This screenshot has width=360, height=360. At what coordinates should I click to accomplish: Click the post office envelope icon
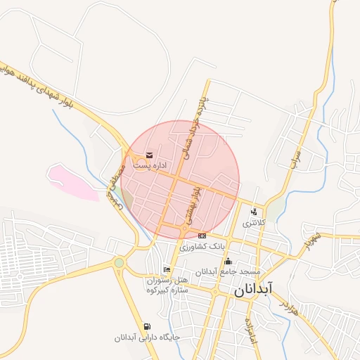pyautogui.click(x=148, y=155)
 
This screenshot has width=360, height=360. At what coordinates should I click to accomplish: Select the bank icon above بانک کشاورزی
pyautogui.click(x=202, y=236)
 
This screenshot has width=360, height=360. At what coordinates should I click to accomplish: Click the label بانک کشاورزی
pyautogui.click(x=201, y=247)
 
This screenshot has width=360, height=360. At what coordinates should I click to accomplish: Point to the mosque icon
pyautogui.click(x=227, y=262)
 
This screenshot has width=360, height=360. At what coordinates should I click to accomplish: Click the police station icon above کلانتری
pyautogui.click(x=253, y=212)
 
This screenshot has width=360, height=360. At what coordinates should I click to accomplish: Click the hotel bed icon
pyautogui.click(x=167, y=270)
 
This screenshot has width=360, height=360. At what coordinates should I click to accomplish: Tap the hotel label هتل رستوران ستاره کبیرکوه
pyautogui.click(x=167, y=285)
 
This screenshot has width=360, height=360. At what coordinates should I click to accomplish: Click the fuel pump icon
pyautogui.click(x=147, y=326)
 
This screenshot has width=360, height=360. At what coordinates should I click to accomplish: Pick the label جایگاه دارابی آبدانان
pyautogui.click(x=148, y=337)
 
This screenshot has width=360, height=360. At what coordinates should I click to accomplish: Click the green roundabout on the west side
pyautogui.click(x=120, y=263)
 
